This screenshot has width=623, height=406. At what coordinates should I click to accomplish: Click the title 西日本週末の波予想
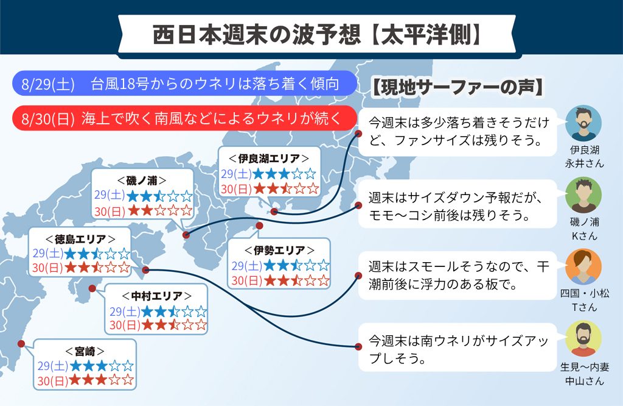pyautogui.click(x=257, y=35)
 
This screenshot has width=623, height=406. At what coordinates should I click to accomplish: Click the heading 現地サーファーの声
pyautogui.click(x=458, y=88)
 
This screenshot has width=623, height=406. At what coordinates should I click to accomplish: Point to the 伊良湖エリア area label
pyautogui.click(x=269, y=158)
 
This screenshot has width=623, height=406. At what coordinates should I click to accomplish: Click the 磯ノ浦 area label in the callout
pyautogui.click(x=142, y=180)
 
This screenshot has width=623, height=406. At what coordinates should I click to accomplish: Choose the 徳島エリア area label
pyautogui.click(x=80, y=239)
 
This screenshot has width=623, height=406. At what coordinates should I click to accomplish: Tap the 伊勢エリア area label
pyautogui.click(x=279, y=251)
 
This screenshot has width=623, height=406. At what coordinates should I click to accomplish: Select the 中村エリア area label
pyautogui.click(x=156, y=296)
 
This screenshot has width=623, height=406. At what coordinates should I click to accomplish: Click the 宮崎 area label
pyautogui.click(x=85, y=351)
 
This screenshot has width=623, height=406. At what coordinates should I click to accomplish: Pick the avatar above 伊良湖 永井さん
pyautogui.click(x=583, y=123)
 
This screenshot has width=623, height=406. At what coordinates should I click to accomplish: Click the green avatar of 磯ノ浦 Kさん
pyautogui.click(x=583, y=195)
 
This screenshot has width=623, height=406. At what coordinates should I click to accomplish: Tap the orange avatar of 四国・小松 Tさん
pyautogui.click(x=583, y=266)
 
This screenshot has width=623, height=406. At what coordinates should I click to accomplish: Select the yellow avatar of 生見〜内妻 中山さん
pyautogui.click(x=583, y=338)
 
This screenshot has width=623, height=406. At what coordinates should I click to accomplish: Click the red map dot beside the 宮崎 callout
pyautogui.click(x=21, y=343)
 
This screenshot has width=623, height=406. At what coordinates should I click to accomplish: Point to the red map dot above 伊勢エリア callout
pyautogui.click(x=259, y=226)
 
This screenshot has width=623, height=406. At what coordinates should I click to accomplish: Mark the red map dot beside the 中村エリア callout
pyautogui.click(x=92, y=288)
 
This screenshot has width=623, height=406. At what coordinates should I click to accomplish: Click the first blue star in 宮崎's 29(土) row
pyautogui.click(x=75, y=366)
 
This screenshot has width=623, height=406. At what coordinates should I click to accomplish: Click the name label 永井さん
pyautogui.click(x=584, y=163)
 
